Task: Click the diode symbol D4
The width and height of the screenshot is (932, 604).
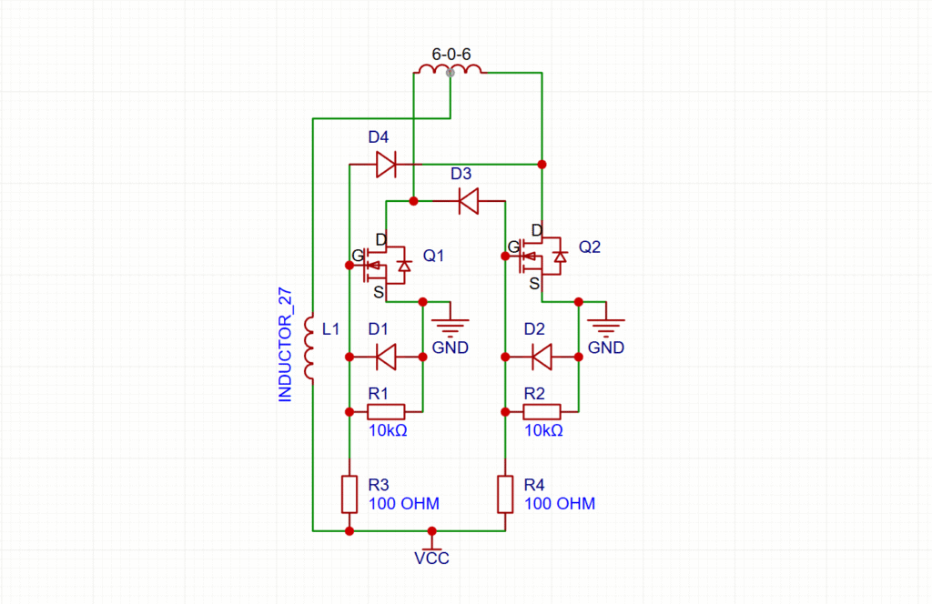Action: tap(386, 164)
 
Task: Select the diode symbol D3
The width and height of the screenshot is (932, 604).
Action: tap(468, 200)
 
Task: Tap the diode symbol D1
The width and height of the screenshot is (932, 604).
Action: tap(386, 357)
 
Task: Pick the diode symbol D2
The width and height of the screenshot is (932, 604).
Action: tap(542, 357)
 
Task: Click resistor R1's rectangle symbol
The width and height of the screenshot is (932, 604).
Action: tap(386, 411)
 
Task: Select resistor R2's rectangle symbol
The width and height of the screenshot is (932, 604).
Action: tap(542, 411)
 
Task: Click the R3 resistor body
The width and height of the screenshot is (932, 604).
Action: tap(349, 493)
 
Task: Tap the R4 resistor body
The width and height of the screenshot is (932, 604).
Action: tap(505, 493)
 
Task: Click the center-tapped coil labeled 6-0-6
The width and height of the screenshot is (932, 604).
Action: tap(450, 70)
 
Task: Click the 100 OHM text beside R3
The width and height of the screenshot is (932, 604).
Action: tap(404, 503)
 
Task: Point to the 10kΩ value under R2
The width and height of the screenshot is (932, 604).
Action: tap(543, 430)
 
